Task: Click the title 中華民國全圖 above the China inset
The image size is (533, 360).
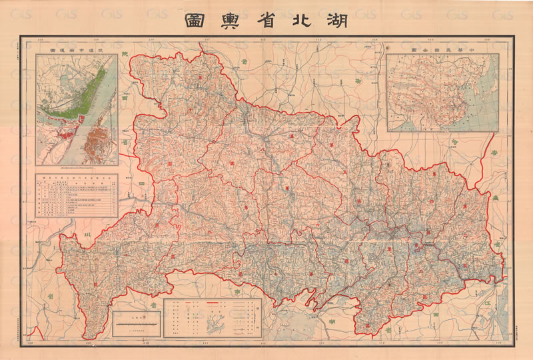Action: coord(443,50)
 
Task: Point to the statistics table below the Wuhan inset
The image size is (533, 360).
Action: coord(77,196)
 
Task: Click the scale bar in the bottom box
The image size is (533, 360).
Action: coord(136,323)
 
